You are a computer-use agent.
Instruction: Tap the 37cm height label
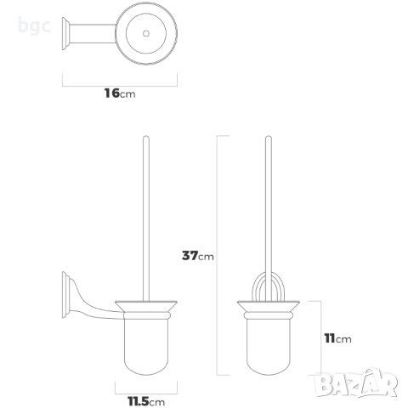(196, 255)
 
